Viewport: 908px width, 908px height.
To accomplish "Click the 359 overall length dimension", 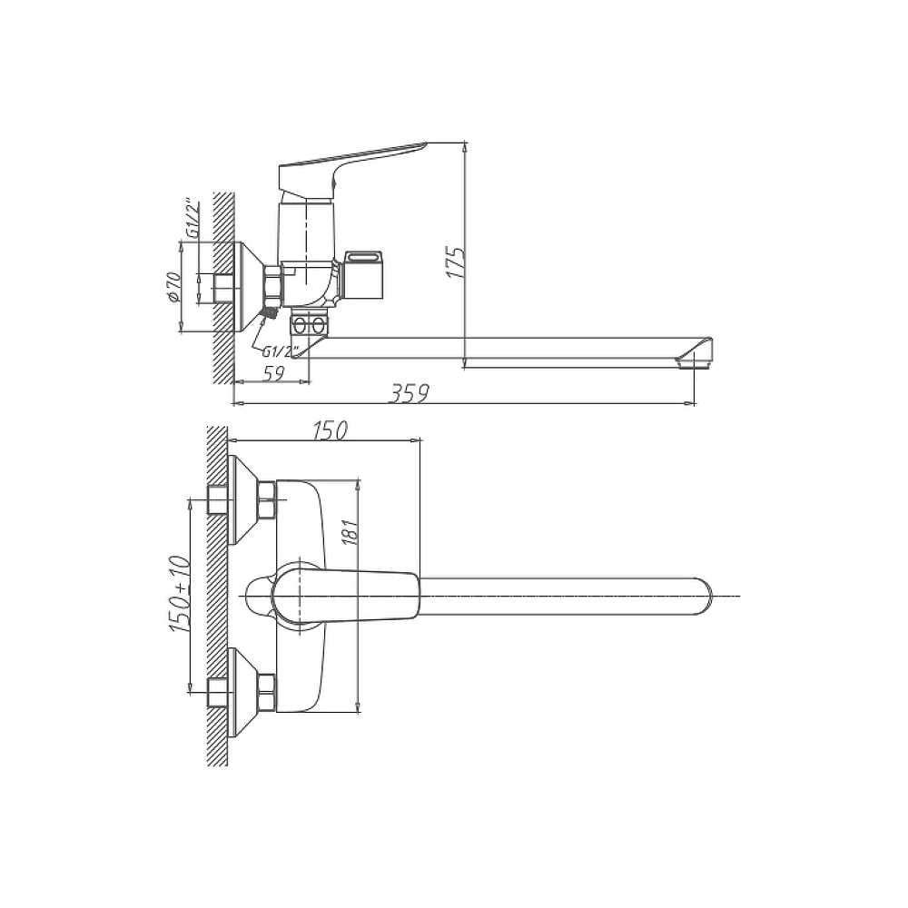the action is (x=409, y=394).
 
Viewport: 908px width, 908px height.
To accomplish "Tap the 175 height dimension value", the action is (x=457, y=262).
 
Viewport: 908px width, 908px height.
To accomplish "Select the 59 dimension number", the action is (x=274, y=374).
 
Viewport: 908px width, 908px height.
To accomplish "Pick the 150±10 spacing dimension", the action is (x=181, y=594).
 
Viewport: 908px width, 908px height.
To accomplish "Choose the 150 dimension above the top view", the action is (x=330, y=430).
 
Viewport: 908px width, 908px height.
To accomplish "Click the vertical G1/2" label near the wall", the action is (x=192, y=220).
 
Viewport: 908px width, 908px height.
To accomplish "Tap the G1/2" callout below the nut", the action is (x=280, y=351).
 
